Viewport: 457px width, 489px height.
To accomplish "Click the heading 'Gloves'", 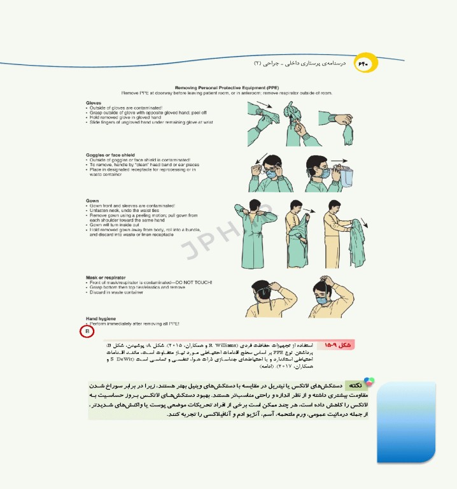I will [94, 103].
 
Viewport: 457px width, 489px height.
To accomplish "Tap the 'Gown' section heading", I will [92, 201].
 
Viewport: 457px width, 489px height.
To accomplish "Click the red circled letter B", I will [87, 332].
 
